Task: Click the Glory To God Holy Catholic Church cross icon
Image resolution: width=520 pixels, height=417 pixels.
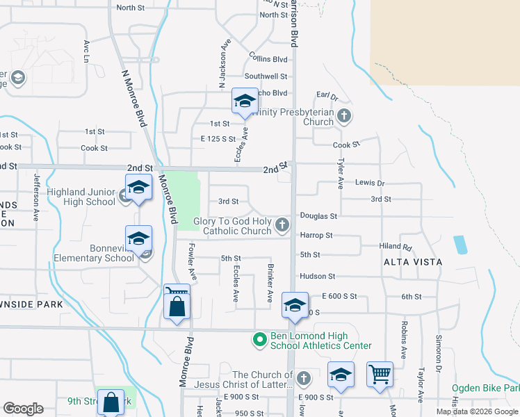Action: click(282, 224)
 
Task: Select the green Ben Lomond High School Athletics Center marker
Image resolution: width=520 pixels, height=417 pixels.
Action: click(259, 340)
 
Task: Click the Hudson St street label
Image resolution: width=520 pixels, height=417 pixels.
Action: click(317, 277)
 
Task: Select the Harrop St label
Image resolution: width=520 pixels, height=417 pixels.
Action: click(316, 236)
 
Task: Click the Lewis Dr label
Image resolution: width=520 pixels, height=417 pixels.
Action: click(369, 183)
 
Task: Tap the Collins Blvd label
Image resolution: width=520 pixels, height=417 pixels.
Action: click(268, 60)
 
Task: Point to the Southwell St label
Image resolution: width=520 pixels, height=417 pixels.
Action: click(266, 76)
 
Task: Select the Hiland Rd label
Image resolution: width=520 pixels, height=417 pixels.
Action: click(396, 246)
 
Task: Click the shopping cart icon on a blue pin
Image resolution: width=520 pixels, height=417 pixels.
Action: click(380, 375)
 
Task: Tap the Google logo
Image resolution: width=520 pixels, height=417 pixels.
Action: click(22, 409)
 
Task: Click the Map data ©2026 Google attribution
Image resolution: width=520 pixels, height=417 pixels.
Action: click(476, 411)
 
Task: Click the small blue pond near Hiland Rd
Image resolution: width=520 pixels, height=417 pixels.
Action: click(460, 244)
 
